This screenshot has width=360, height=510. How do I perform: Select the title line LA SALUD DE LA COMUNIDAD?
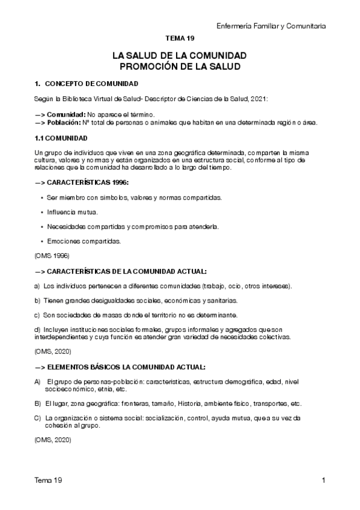point(179,56)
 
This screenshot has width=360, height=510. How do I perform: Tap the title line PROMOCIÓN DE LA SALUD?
point(179,66)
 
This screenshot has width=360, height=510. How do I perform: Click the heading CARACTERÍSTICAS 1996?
point(82,182)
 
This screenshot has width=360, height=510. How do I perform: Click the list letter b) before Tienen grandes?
point(38,300)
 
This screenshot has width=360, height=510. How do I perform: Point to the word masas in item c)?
point(105,315)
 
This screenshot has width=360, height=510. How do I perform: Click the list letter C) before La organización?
point(38,417)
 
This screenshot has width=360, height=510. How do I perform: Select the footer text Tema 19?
point(48,481)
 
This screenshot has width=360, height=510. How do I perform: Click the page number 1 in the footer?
point(323,481)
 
